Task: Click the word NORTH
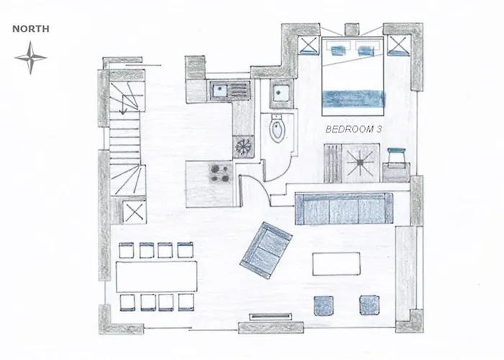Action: (31, 29)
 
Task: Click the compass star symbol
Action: (30, 58)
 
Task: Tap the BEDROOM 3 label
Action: (354, 129)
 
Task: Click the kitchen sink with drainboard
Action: (230, 89)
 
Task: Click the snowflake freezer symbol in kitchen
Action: (243, 147)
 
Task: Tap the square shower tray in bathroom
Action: (282, 93)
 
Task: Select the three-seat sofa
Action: (344, 208)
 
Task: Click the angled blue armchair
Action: (266, 250)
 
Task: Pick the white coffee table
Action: (336, 264)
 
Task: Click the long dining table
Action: (156, 276)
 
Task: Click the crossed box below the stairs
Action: (135, 212)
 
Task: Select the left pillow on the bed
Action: (337, 50)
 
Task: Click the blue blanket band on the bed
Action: (354, 99)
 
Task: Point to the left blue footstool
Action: (324, 305)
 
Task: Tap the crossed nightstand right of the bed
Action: (399, 45)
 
